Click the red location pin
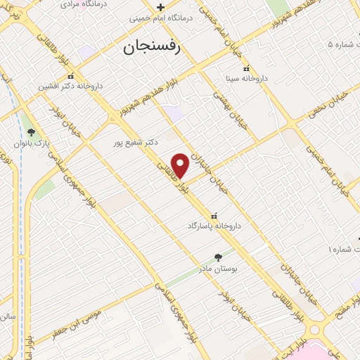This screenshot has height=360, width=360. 181,165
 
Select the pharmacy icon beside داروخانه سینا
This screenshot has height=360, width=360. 246,69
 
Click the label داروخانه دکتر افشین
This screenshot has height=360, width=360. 70,86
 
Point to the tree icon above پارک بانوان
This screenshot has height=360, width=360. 30,131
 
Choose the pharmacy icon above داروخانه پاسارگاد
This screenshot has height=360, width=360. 214,215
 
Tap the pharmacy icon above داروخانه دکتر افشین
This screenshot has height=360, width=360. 70,76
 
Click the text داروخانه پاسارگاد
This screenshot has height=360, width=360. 214,226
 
